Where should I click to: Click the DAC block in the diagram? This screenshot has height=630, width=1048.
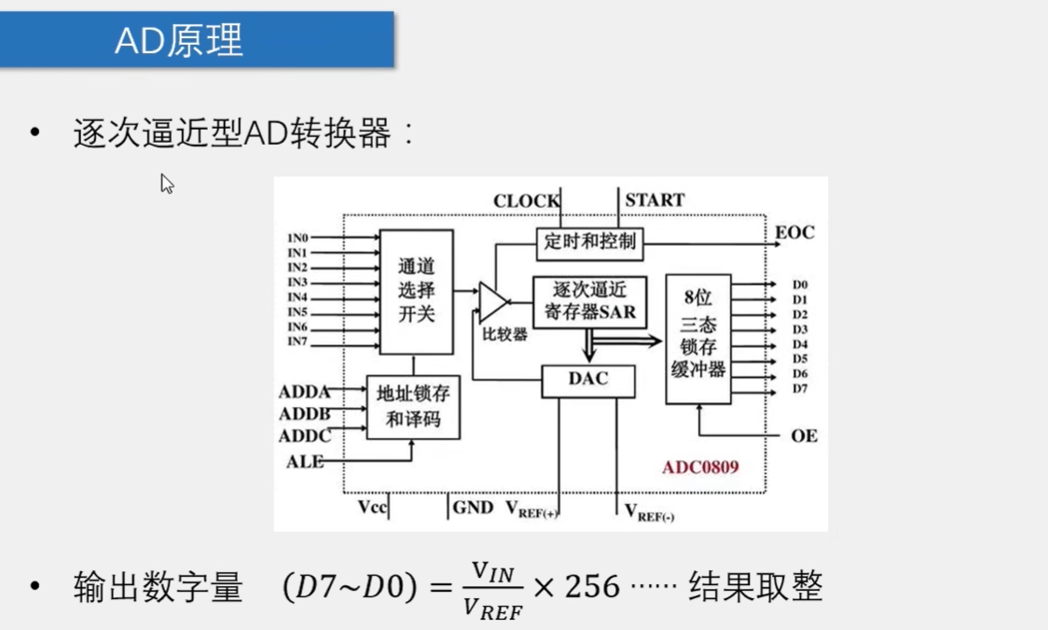pos(587,380)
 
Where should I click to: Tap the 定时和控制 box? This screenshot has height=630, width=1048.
pos(589,242)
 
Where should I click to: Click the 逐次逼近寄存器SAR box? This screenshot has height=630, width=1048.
pos(589,301)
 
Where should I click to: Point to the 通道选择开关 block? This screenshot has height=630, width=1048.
pos(416,290)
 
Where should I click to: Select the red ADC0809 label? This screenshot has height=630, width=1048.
pos(700,467)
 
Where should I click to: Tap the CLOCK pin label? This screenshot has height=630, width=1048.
pos(526,201)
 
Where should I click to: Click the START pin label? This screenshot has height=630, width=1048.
pos(655,200)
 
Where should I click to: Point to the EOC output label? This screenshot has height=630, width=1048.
pos(794,232)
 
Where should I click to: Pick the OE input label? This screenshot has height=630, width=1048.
pos(804,436)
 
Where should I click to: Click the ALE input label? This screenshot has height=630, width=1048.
pos(305,461)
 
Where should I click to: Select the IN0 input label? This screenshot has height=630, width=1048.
pos(297,238)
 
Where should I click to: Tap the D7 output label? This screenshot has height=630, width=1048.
pos(800,388)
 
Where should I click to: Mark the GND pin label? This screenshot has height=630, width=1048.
pos(473,508)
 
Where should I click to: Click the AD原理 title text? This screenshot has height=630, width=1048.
pos(179,40)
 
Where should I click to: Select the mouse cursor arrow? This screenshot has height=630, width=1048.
pos(166,183)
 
